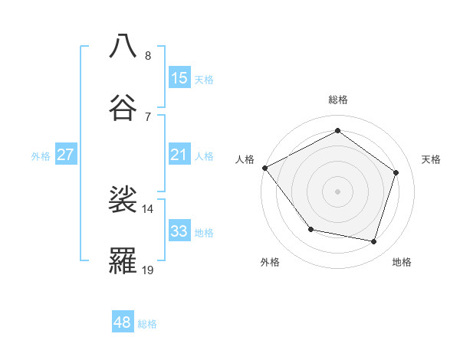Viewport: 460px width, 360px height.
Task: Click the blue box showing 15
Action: [x=179, y=78]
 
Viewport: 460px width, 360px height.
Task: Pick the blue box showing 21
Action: [x=179, y=155]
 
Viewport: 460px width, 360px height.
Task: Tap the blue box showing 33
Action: [x=179, y=231]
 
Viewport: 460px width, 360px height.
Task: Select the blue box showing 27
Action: [x=65, y=155]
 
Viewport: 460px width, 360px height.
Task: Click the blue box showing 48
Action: [x=122, y=322]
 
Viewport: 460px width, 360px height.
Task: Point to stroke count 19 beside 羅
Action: [x=148, y=270]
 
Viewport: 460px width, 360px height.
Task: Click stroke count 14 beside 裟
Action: [x=148, y=208]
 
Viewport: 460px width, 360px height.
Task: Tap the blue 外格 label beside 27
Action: [x=41, y=155]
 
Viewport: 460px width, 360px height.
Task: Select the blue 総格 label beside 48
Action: [x=147, y=324]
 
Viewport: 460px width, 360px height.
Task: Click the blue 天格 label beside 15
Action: [x=204, y=79]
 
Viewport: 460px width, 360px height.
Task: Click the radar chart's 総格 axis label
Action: [x=337, y=100]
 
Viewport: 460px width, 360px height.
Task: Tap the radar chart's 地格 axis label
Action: [x=402, y=262]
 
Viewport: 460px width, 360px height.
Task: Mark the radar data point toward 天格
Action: [x=396, y=172]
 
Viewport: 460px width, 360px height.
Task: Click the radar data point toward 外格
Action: [x=310, y=229]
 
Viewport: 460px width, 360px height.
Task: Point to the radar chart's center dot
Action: [x=337, y=191]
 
